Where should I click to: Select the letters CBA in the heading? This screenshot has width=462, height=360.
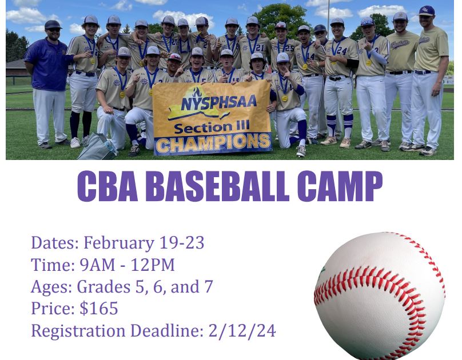click(x=107, y=186)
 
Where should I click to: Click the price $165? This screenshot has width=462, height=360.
click(x=99, y=309)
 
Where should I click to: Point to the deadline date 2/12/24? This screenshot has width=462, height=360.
click(x=242, y=330)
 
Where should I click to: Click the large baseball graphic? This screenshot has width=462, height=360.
click(x=380, y=295)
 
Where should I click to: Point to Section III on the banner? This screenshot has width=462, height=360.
click(x=212, y=127)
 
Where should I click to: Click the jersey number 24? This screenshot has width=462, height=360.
click(x=341, y=51)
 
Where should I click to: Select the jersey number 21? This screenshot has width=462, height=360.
click(x=260, y=47)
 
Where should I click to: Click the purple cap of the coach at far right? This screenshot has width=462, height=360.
click(x=427, y=11)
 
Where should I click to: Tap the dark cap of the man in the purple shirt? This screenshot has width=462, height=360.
click(x=53, y=25)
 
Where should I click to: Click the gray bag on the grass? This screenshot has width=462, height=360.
click(x=97, y=146)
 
